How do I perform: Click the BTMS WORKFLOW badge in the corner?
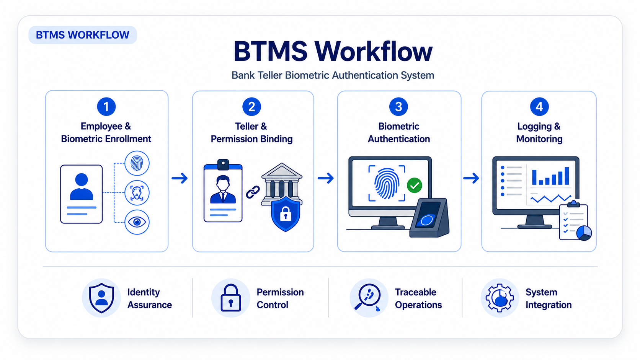(83, 35)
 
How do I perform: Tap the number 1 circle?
(106, 107)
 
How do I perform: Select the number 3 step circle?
(398, 107)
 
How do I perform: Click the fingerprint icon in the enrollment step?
(137, 163)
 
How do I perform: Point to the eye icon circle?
(137, 222)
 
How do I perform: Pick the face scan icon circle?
(137, 193)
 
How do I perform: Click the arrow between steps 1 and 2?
(180, 178)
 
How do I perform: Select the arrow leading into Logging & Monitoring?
(471, 178)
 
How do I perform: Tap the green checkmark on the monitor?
(415, 186)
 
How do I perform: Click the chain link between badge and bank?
(253, 192)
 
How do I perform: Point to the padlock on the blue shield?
(286, 214)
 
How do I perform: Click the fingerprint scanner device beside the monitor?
(429, 218)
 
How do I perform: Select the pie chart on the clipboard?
(584, 233)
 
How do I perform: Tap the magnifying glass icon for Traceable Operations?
(368, 296)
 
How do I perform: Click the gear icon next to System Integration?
(500, 298)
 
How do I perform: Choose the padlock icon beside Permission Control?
(231, 298)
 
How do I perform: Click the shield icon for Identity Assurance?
(101, 298)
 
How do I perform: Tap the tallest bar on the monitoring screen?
(567, 176)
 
